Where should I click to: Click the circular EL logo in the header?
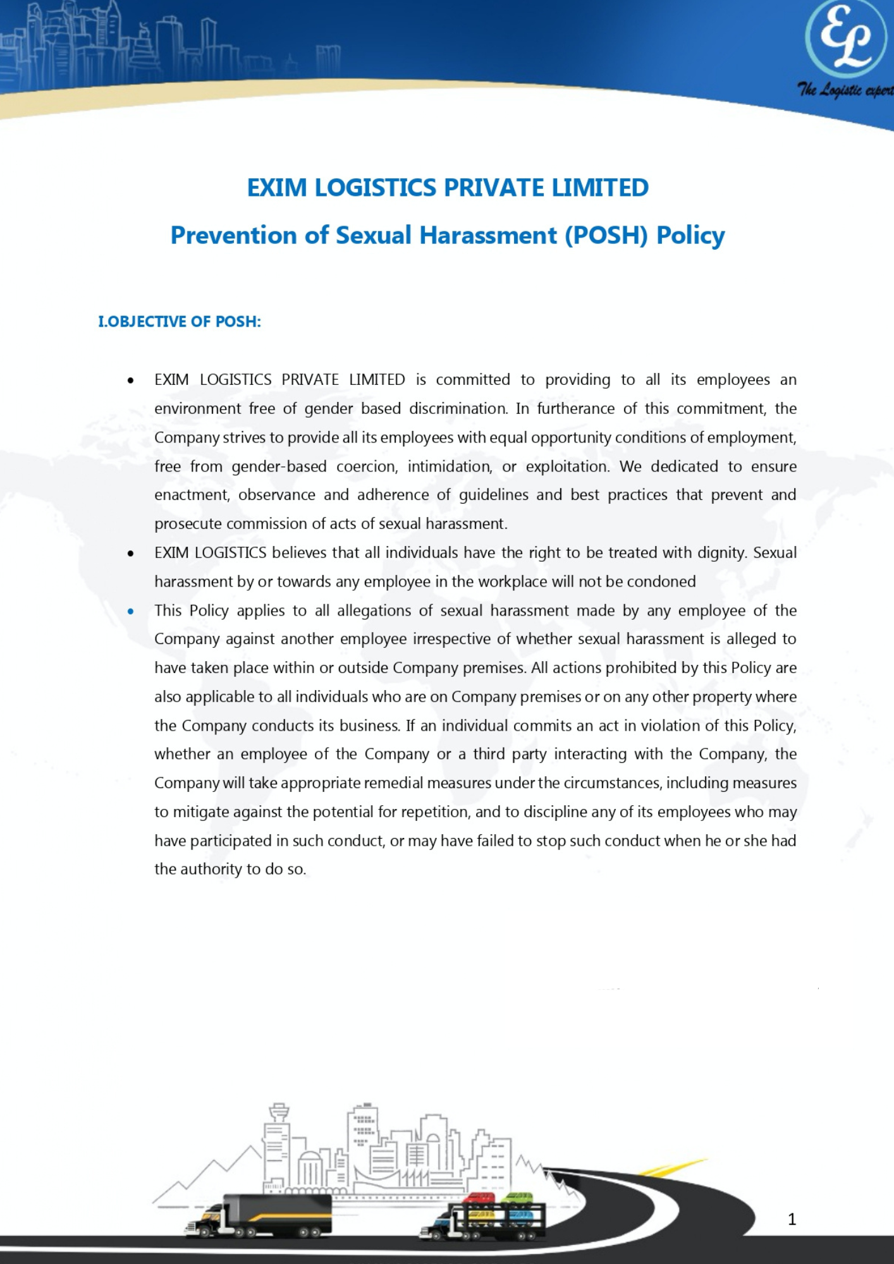pos(846,39)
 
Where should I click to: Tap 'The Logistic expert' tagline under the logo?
pos(845,90)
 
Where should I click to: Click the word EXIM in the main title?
pos(276,188)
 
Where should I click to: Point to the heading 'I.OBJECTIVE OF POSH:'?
pos(180,322)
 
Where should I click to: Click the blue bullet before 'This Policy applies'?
pos(130,611)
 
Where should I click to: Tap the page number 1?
pos(792,1219)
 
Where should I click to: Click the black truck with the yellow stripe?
pos(266,1215)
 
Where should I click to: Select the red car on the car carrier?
pos(479,1198)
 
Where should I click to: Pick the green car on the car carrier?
pos(517,1198)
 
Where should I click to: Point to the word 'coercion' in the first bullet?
pos(367,466)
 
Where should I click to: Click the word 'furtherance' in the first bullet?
pos(575,409)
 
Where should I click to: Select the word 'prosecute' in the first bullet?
pos(188,524)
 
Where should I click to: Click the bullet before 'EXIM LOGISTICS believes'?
pos(130,554)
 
